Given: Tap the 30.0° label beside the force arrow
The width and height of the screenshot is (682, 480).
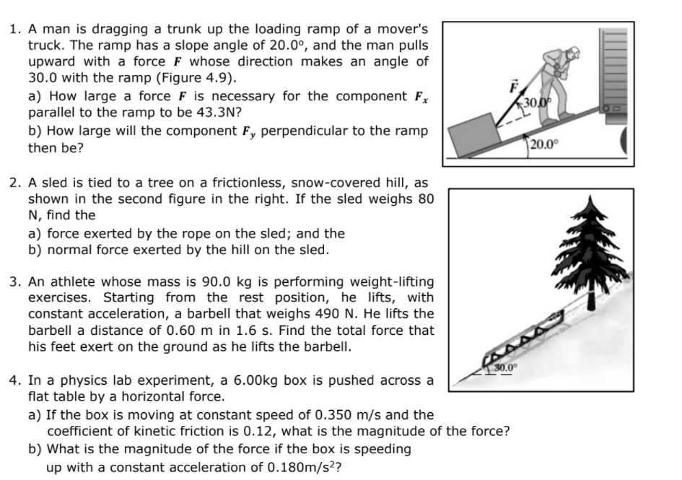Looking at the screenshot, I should pos(534,102).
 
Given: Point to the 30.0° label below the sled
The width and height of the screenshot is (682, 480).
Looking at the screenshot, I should pos(504,367).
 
